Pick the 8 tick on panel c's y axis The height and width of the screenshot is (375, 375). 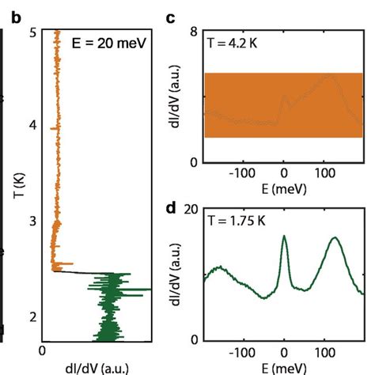[191, 32]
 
